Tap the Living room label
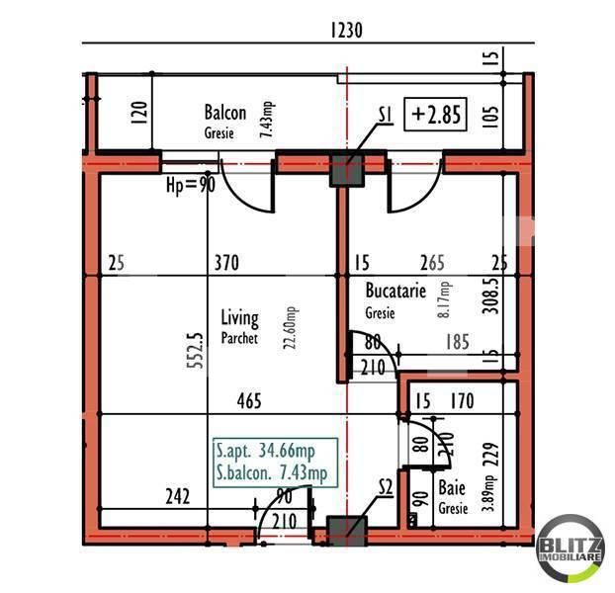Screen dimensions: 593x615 coord(239,319)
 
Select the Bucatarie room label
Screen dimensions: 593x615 coord(395,293)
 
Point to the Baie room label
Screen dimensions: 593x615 coord(452,487)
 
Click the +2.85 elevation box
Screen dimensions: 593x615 coord(437,115)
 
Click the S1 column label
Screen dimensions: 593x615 coord(387,117)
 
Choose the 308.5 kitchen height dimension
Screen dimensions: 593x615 coord(487,295)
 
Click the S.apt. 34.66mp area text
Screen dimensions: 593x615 coord(271,454)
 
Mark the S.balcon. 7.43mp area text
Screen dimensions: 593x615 coord(271,473)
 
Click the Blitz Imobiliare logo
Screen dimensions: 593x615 coord(571,547)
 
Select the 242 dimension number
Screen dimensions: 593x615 coord(176,496)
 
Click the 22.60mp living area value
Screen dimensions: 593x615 coord(289,326)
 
